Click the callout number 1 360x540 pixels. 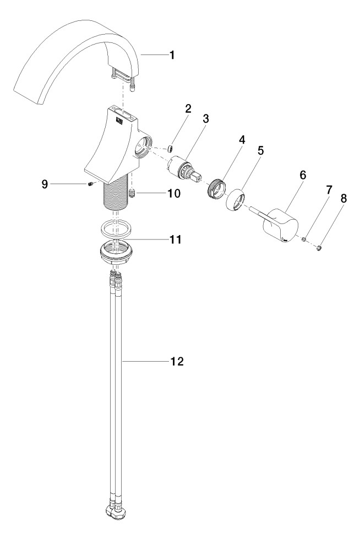point(172,56)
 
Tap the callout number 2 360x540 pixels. point(188,108)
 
